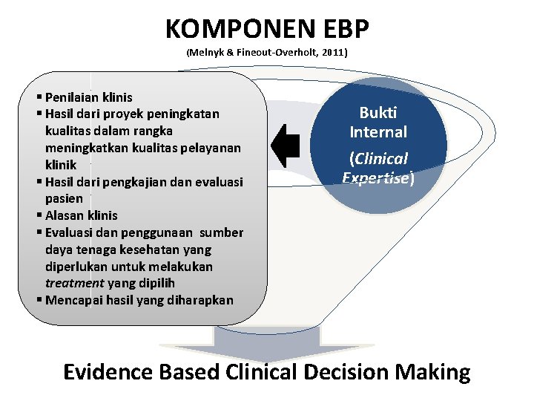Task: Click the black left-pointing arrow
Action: coord(286,144)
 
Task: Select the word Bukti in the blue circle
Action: coord(378,113)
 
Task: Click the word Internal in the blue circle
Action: coord(378,132)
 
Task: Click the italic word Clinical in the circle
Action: coord(381,159)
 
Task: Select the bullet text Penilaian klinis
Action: coord(88,97)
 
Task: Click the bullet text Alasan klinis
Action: coord(81,215)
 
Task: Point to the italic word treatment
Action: coord(76,283)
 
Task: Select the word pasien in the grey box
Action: coord(64,198)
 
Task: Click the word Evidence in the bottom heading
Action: coord(111,371)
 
